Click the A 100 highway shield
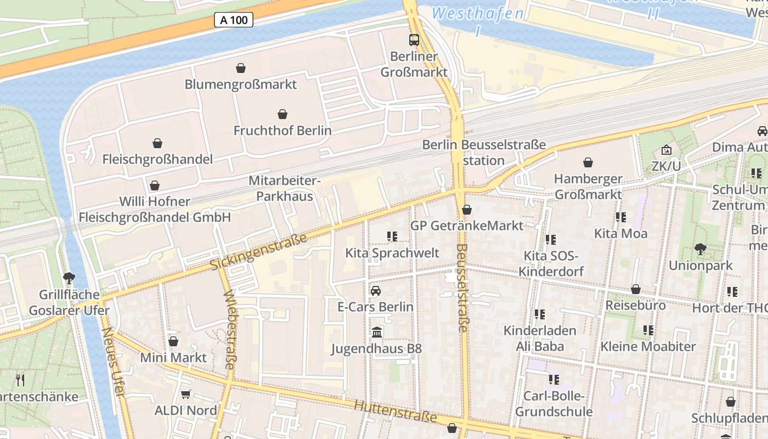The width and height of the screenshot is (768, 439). (233, 20)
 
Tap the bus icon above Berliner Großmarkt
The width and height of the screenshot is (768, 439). (414, 40)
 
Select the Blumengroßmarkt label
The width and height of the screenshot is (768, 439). (240, 85)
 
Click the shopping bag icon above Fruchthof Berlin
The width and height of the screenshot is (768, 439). (283, 114)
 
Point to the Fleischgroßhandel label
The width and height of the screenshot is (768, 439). (157, 160)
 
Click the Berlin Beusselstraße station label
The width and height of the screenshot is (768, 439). (484, 153)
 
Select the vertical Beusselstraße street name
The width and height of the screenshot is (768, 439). (461, 288)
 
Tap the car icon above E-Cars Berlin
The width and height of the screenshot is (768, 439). (376, 290)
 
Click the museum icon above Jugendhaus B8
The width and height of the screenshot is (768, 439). (377, 332)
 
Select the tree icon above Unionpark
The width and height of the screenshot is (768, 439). (701, 249)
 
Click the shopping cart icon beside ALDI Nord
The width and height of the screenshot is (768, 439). (186, 394)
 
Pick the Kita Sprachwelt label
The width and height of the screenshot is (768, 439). (392, 253)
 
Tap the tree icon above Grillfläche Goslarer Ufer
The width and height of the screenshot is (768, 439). (69, 278)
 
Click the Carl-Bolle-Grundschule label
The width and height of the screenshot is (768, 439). (554, 404)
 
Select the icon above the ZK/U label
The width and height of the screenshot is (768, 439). (666, 150)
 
